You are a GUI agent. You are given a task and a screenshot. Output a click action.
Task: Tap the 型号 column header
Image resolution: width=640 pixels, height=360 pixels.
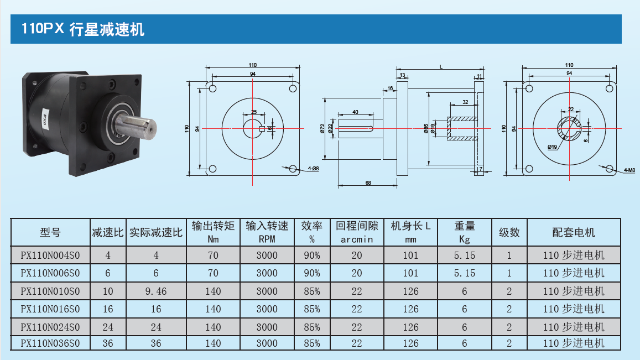[x=50, y=232]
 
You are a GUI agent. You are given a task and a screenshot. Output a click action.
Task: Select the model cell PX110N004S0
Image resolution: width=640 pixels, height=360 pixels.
[x=50, y=255]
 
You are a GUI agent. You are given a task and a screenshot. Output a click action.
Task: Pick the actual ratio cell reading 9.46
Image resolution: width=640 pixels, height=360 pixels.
[x=156, y=291]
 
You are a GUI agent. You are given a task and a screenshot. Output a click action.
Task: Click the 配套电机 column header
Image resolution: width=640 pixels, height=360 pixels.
[x=574, y=232]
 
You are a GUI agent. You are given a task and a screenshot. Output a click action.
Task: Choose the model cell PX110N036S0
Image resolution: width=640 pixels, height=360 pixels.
[x=50, y=343]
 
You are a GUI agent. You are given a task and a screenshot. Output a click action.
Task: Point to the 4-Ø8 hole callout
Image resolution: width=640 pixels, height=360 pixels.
[x=313, y=169]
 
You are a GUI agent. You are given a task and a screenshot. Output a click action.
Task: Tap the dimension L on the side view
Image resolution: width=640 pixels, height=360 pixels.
[x=441, y=67]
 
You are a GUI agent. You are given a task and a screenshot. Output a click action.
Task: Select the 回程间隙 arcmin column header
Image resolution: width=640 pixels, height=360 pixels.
[x=357, y=232]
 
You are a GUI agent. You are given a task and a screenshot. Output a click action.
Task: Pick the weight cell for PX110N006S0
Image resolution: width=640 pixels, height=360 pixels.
[x=465, y=273]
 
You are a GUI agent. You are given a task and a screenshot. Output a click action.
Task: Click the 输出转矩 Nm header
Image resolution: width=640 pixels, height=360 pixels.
[x=213, y=232]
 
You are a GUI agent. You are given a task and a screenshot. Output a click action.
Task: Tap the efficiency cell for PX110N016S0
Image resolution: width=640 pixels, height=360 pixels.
[x=311, y=309]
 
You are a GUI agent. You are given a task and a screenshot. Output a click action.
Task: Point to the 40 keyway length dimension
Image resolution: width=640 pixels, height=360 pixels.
[x=355, y=112]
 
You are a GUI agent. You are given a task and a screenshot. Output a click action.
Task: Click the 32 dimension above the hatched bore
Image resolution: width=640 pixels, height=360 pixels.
[x=465, y=102]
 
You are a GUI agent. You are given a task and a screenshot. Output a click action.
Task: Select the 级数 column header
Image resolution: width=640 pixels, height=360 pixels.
[x=509, y=232]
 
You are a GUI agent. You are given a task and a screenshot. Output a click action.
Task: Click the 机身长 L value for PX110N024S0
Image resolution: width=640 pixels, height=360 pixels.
[x=410, y=327]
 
